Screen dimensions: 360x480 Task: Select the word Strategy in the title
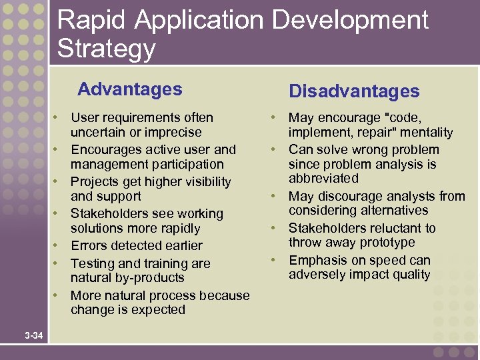pos(106,49)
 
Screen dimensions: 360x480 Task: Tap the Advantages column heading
pos(129,89)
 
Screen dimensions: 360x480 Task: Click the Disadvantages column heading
pos(353,91)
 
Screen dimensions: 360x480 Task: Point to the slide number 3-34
pos(33,335)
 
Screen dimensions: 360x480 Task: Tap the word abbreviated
pos(323,179)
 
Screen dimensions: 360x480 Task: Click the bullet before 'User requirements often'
pos(58,117)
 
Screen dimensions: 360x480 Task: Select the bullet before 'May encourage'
pos(275,117)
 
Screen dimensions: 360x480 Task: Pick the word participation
pos(185,164)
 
